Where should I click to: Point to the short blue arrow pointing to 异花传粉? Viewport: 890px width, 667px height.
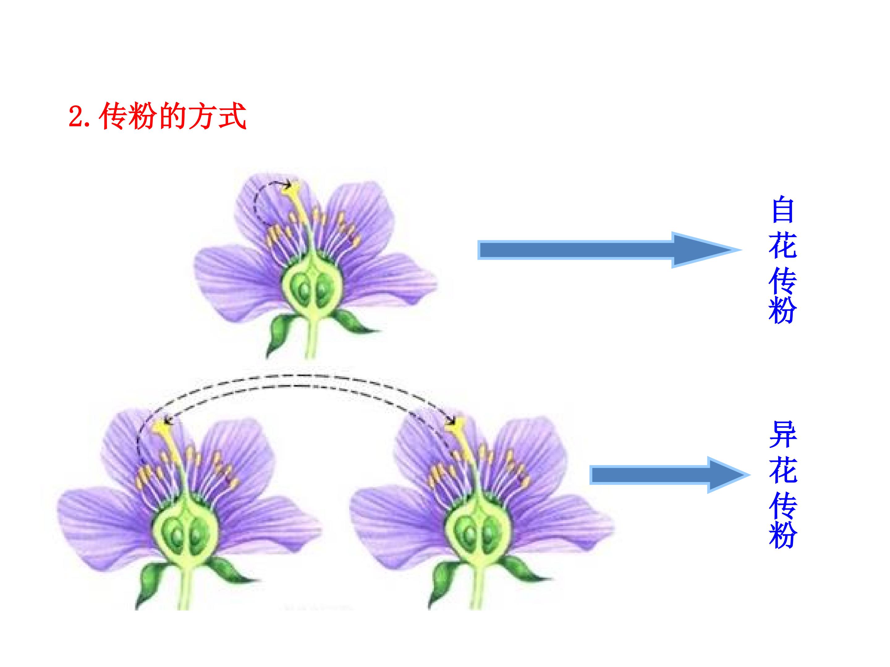pos(670,475)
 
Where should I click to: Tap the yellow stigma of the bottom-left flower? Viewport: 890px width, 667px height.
pos(163,427)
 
